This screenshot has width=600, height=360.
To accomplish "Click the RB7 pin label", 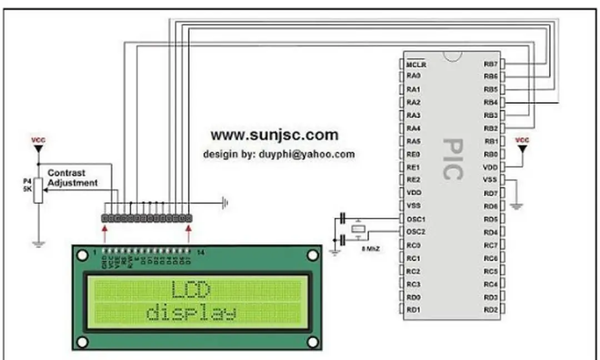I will [490, 64].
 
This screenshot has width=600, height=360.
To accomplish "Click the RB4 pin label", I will [490, 103].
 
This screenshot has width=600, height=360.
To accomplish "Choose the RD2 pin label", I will [490, 309].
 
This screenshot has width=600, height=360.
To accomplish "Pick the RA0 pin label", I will [413, 77].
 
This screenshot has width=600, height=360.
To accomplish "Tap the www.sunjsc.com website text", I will [274, 134].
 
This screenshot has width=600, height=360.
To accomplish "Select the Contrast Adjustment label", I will [72, 178].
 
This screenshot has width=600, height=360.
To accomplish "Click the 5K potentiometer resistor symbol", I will [38, 190].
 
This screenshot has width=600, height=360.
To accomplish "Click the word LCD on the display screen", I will [191, 289].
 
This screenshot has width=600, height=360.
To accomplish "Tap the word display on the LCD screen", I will [191, 313].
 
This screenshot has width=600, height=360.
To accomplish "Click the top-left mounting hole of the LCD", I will [82, 255].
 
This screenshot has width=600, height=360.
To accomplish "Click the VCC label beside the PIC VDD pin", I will [522, 140].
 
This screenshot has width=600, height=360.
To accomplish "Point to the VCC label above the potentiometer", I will [38, 141].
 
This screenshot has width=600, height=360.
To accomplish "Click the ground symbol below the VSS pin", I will [517, 207].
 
